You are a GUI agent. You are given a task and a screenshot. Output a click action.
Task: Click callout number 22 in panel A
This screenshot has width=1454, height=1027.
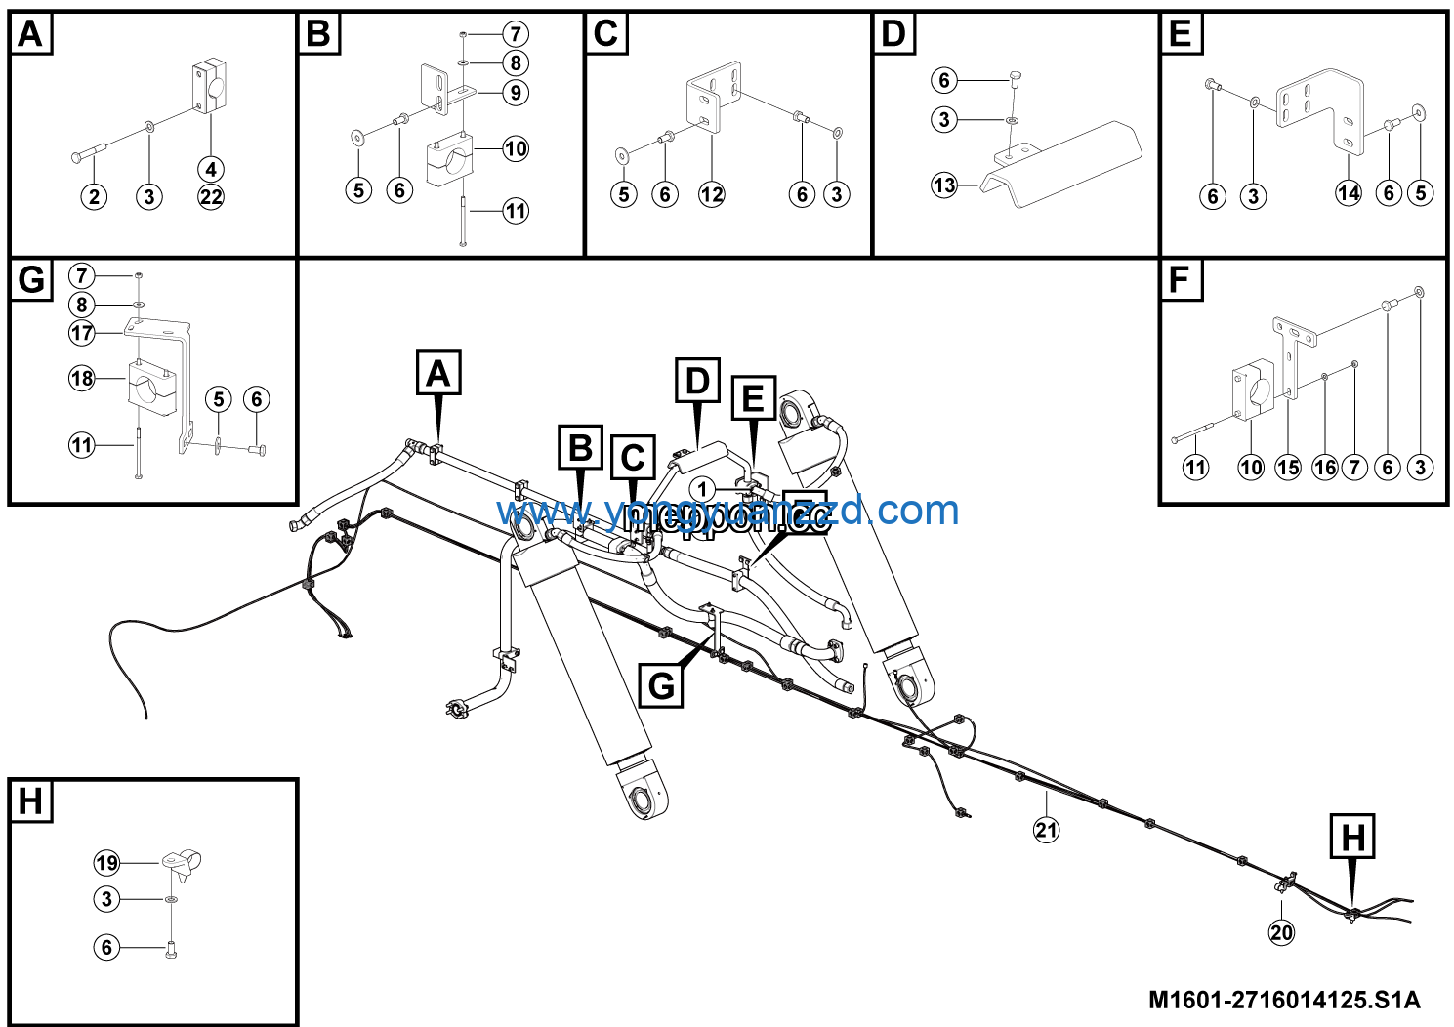pos(211,196)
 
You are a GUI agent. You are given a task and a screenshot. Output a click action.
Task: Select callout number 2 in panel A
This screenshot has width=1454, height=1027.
pos(94,196)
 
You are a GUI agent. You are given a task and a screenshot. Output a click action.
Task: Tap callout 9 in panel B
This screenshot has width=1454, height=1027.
pos(516,93)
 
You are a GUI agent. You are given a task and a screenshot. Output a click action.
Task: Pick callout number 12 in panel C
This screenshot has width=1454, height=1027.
pos(712,194)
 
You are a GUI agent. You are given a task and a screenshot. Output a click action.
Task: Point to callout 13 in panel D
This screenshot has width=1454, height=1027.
pos(944,185)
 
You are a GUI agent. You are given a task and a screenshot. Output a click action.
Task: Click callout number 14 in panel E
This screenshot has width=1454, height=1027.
pos(1349,193)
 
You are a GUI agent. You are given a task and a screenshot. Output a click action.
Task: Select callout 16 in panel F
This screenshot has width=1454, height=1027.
pos(1324,468)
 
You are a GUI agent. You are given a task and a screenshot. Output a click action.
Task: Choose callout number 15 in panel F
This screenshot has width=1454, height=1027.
pos(1288,468)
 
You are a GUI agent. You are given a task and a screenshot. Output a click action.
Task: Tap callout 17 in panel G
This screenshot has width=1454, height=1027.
pos(82,333)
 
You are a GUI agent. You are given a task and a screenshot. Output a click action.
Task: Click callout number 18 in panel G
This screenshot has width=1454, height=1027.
pos(82,378)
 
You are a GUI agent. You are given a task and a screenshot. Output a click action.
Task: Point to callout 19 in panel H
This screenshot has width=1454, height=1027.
pos(107,863)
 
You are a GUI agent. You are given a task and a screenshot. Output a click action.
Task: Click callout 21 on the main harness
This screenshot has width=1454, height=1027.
pos(1046,830)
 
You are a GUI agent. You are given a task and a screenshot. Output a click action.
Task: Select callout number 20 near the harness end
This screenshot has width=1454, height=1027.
pos(1281,932)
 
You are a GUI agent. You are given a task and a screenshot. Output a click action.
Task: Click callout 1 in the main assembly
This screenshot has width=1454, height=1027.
pos(703,488)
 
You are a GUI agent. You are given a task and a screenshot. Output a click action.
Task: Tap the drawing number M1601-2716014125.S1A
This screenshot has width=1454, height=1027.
pos(1284,1000)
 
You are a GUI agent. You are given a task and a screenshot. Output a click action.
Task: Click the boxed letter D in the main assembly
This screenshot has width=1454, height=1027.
pos(697,381)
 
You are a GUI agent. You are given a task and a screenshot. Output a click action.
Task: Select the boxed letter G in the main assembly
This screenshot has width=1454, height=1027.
pos(661,685)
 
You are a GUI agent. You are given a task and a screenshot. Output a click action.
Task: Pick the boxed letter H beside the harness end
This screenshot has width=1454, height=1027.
pos(1353,837)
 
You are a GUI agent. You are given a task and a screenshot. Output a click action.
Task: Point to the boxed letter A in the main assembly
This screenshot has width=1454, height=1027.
pos(438,374)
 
